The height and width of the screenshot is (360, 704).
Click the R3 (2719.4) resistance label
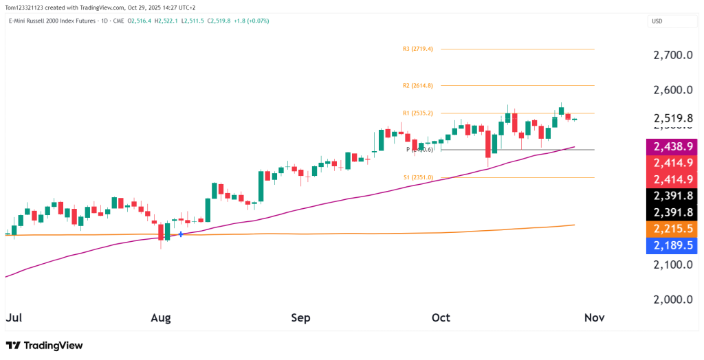418,49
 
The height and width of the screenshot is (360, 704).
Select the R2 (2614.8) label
418,86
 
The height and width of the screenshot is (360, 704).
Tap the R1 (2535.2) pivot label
418,113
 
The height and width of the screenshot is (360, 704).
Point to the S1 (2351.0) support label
418,177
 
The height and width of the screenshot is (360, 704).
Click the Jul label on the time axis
13,318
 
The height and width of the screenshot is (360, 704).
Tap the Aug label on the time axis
161,318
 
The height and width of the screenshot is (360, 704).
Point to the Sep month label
301,318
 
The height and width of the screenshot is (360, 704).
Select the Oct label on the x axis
441,318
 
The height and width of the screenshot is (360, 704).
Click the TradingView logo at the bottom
44,346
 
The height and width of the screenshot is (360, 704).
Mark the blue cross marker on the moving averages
181,234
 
